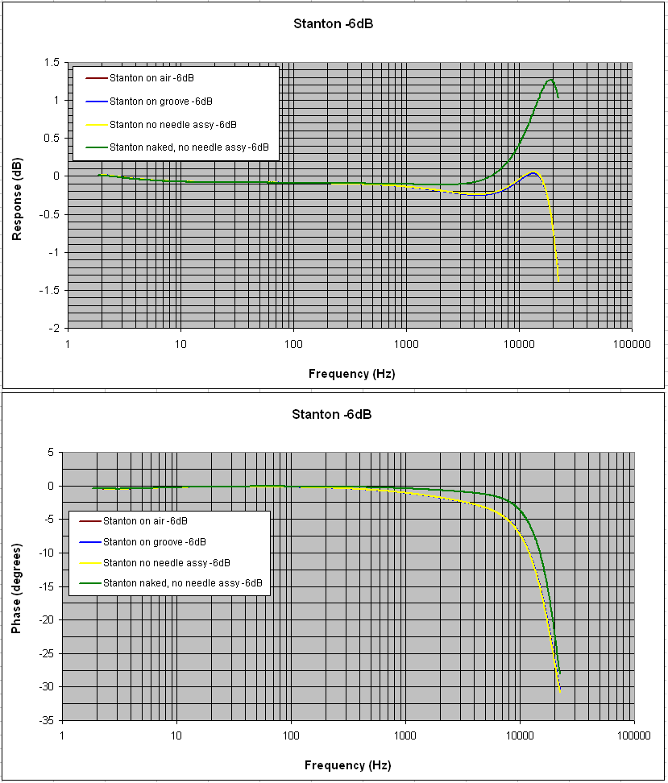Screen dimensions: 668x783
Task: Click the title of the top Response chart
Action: tap(334, 23)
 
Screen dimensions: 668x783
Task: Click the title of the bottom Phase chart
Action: tap(332, 415)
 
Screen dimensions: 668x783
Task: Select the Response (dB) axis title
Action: tap(17, 199)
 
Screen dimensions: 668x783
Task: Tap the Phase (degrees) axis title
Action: tap(16, 589)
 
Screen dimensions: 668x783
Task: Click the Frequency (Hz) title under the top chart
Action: tap(352, 374)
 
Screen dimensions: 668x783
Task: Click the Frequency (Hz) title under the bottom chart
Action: tap(348, 765)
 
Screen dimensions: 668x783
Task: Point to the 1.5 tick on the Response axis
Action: tap(52, 62)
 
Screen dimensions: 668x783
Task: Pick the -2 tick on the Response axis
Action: tap(54, 328)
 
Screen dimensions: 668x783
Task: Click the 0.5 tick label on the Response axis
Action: tap(52, 139)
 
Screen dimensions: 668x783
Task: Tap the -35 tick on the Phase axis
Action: tap(48, 721)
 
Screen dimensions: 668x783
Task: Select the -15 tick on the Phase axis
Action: tap(48, 586)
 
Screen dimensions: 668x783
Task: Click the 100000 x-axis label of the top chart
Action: tap(632, 344)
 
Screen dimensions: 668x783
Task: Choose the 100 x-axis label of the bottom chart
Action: tap(291, 735)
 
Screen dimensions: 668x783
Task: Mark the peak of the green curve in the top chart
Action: tap(550, 80)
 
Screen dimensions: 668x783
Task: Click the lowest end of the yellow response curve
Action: tap(558, 281)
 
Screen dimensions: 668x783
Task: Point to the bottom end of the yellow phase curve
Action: tap(560, 692)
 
